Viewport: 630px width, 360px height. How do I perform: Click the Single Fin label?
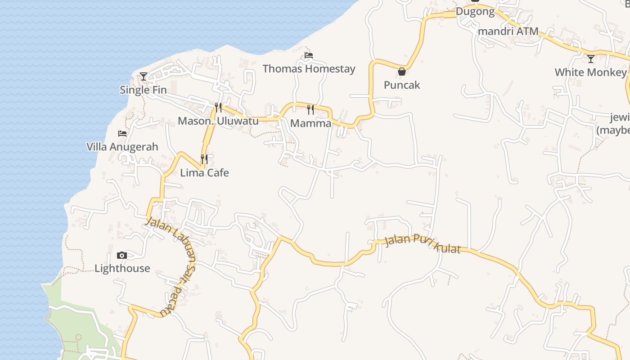click(143, 90)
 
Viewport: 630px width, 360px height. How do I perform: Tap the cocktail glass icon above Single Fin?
click(144, 76)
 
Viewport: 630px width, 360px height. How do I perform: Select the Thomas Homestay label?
click(309, 69)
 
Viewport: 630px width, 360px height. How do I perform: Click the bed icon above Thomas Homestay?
click(309, 55)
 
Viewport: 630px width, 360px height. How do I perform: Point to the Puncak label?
click(402, 85)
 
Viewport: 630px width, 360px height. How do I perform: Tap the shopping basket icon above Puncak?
click(402, 72)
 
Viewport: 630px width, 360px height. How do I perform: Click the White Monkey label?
click(590, 72)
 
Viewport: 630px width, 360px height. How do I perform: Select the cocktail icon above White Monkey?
click(591, 59)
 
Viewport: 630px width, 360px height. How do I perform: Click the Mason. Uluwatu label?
click(218, 121)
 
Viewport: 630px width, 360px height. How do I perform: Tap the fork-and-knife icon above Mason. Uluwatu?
click(218, 107)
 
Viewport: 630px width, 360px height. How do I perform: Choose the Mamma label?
click(310, 123)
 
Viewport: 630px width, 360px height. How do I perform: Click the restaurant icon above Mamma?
click(310, 109)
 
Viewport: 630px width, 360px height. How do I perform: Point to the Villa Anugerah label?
click(122, 147)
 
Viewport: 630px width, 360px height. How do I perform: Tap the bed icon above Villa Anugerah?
click(122, 134)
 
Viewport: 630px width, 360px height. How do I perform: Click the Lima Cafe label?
click(204, 173)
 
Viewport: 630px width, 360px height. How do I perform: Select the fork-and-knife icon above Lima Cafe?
click(204, 159)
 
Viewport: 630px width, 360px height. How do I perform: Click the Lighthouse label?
click(122, 269)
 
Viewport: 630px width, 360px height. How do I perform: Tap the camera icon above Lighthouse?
click(122, 256)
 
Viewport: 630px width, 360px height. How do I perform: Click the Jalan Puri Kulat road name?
click(423, 243)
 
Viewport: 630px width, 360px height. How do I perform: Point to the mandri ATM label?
click(508, 31)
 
